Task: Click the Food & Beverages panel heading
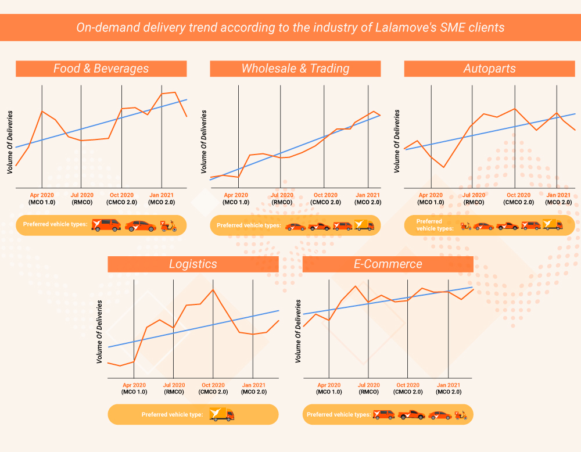pyautogui.click(x=101, y=69)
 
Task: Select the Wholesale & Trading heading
pyautogui.click(x=295, y=69)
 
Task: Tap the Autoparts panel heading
pyautogui.click(x=489, y=69)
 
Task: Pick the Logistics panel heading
pyautogui.click(x=193, y=264)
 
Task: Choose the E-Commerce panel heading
pyautogui.click(x=388, y=264)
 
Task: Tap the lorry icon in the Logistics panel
pyautogui.click(x=221, y=414)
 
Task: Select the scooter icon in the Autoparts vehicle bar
pyautogui.click(x=466, y=226)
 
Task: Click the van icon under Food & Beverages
pyautogui.click(x=106, y=225)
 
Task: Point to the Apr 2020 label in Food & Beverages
pyautogui.click(x=41, y=195)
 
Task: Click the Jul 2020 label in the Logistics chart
pyautogui.click(x=174, y=385)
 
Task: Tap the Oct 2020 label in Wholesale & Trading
pyautogui.click(x=325, y=195)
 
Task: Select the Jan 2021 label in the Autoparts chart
pyautogui.click(x=558, y=195)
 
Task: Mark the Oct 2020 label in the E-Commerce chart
pyautogui.click(x=408, y=385)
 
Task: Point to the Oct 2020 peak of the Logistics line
pyautogui.click(x=213, y=289)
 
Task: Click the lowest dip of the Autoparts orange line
pyautogui.click(x=444, y=167)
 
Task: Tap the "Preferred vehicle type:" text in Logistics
pyautogui.click(x=172, y=415)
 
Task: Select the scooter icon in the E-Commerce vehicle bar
pyautogui.click(x=461, y=415)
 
